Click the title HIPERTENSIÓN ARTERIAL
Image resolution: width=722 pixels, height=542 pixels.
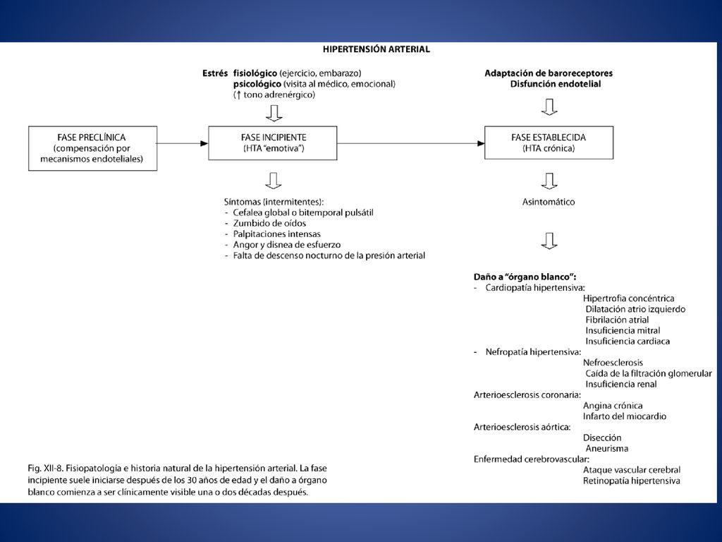tap(377, 49)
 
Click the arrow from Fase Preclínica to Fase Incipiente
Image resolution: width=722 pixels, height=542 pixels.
tap(183, 143)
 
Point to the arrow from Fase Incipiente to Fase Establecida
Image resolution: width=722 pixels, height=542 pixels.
tap(411, 143)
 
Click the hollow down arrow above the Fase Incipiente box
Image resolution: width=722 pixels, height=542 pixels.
tap(274, 113)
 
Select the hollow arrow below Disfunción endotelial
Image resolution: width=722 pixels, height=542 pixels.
tap(549, 107)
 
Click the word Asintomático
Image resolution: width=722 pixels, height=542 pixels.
tap(549, 202)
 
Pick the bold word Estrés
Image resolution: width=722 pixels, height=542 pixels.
tap(215, 73)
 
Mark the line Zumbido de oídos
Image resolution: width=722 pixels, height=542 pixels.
tap(269, 224)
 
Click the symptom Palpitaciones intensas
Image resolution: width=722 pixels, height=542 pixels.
tap(276, 234)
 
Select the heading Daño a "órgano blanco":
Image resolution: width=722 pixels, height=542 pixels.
tap(525, 277)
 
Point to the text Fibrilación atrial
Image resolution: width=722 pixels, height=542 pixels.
tap(617, 320)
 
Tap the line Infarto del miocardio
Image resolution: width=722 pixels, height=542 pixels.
tap(625, 416)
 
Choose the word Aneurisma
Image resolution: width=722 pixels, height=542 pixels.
tap(606, 448)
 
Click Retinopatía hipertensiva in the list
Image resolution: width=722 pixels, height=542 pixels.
tap(631, 481)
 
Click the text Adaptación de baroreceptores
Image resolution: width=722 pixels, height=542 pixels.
tap(549, 73)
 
